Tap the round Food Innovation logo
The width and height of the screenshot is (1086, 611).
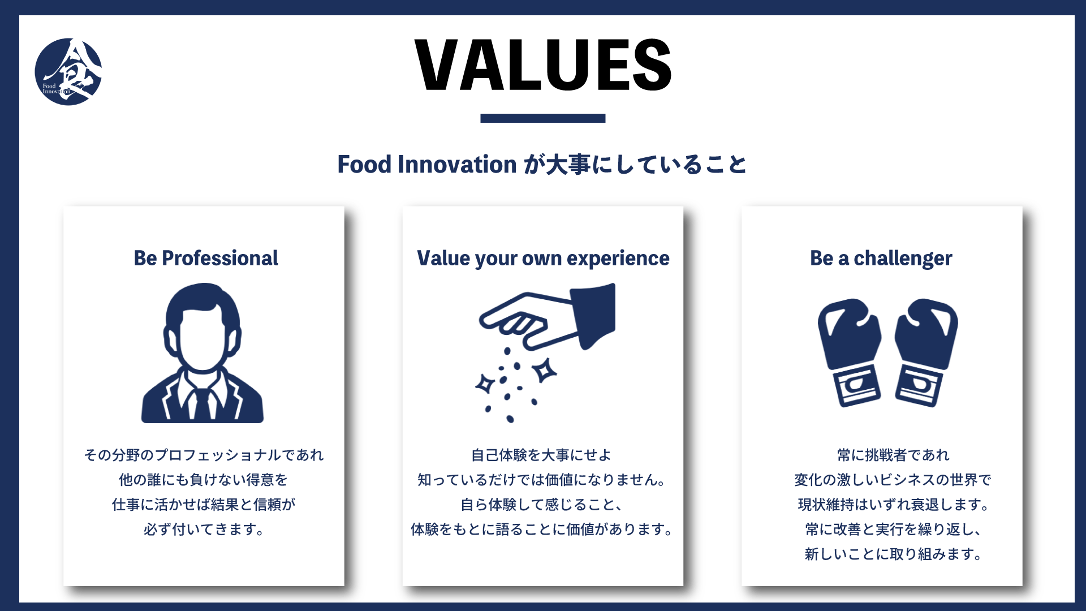(x=68, y=72)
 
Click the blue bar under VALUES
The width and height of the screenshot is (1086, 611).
(x=543, y=118)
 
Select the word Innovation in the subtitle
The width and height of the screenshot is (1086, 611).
(x=457, y=165)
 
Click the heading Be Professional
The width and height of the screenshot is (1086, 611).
(x=206, y=258)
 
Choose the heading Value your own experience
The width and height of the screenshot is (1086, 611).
(x=543, y=258)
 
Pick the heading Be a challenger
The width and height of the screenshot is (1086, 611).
(x=881, y=258)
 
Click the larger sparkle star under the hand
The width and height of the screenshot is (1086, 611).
(x=545, y=371)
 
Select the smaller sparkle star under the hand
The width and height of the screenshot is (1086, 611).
(x=485, y=384)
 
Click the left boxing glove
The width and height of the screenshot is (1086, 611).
(x=850, y=351)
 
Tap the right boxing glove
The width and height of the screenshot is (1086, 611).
(x=925, y=351)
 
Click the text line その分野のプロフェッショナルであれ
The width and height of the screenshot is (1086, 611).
(x=204, y=455)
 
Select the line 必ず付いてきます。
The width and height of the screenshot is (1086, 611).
(x=204, y=530)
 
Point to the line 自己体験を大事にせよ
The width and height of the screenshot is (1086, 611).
(x=541, y=455)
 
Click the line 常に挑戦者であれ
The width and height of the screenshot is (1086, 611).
(x=893, y=455)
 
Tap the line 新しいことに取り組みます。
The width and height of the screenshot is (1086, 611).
(x=893, y=554)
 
